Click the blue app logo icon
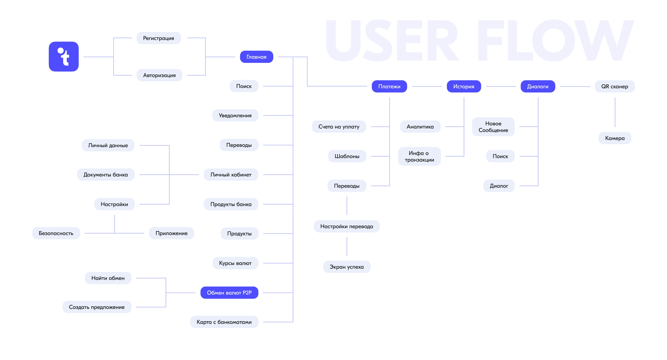pyautogui.click(x=64, y=56)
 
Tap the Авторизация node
pyautogui.click(x=159, y=75)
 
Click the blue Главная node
pyautogui.click(x=257, y=57)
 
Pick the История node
pyautogui.click(x=464, y=86)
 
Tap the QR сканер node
pyautogui.click(x=615, y=86)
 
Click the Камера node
pyautogui.click(x=615, y=138)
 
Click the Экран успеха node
pyautogui.click(x=347, y=267)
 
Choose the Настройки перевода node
pyautogui.click(x=347, y=226)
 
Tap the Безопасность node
pyautogui.click(x=56, y=233)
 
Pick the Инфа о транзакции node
pyautogui.click(x=419, y=156)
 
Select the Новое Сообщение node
pyautogui.click(x=493, y=127)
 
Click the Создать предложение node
pyautogui.click(x=97, y=307)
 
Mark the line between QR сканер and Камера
pyautogui.click(x=615, y=112)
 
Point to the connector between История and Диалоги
pyautogui.click(x=501, y=86)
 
